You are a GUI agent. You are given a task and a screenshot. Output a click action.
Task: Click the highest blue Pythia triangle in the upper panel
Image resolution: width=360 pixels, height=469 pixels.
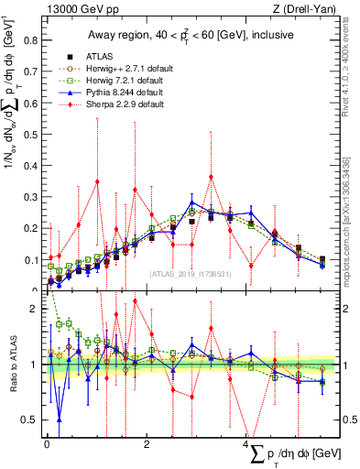tap(192, 202)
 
